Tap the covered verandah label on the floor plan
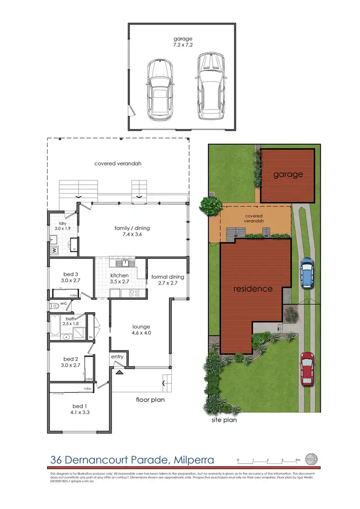[x=118, y=163]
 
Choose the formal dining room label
[x=168, y=280]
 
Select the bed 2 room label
[x=71, y=362]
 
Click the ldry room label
[x=62, y=226]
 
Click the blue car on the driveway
[x=306, y=272]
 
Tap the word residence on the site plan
[x=253, y=289]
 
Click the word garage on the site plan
[x=288, y=174]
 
